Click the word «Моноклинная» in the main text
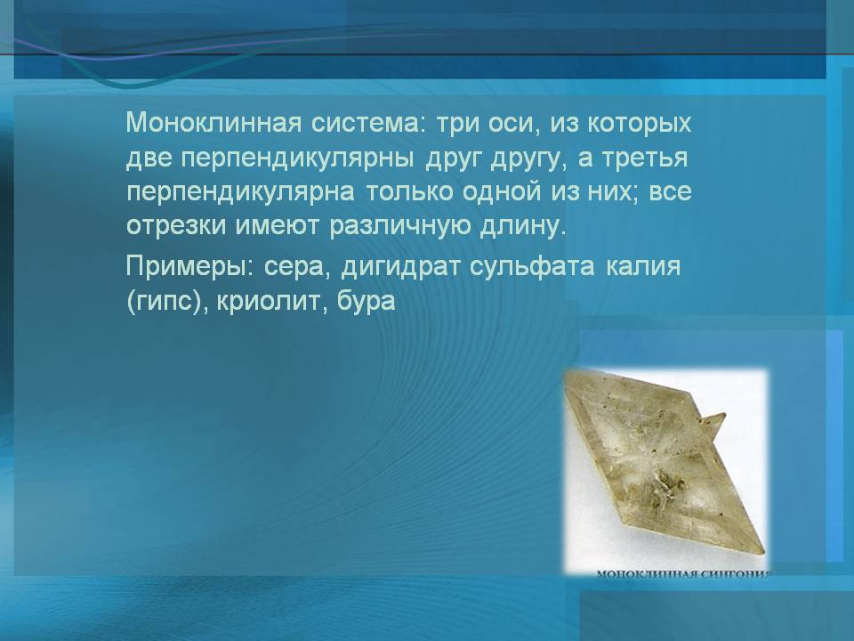213,123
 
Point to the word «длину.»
522,226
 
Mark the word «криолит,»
272,302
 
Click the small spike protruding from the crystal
712,426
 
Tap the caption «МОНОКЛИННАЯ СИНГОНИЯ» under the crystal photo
683,574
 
